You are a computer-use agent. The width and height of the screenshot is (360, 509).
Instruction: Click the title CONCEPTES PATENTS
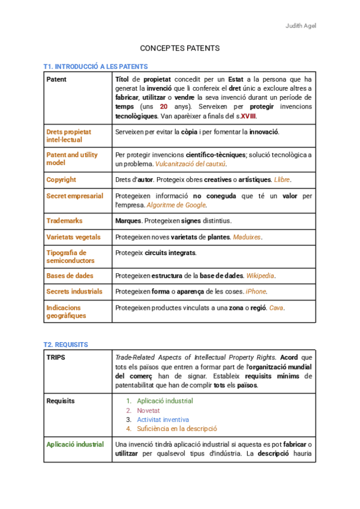[179, 48]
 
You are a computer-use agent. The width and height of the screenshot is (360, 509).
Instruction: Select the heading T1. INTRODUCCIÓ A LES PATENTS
[95, 66]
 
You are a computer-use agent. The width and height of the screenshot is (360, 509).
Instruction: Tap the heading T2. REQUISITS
[65, 345]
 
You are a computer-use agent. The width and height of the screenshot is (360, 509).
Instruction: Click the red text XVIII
[250, 116]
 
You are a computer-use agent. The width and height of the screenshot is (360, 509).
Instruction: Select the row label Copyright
[61, 179]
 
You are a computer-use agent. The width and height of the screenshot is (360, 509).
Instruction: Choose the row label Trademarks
[64, 221]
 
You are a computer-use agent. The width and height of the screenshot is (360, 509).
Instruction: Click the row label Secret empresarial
[74, 196]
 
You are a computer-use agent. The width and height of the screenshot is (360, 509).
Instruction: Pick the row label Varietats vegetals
[73, 237]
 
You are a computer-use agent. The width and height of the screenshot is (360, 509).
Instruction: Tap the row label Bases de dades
[70, 276]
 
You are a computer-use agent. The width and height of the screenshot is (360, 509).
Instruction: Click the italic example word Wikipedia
[260, 276]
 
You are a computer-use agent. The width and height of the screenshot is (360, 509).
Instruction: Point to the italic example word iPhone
[256, 292]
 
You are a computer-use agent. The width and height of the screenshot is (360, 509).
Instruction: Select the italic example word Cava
[276, 308]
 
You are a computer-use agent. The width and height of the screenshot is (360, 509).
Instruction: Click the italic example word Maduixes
[247, 237]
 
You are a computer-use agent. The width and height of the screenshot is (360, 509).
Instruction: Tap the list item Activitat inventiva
[163, 420]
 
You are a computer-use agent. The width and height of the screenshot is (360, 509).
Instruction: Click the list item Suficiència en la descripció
[176, 429]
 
